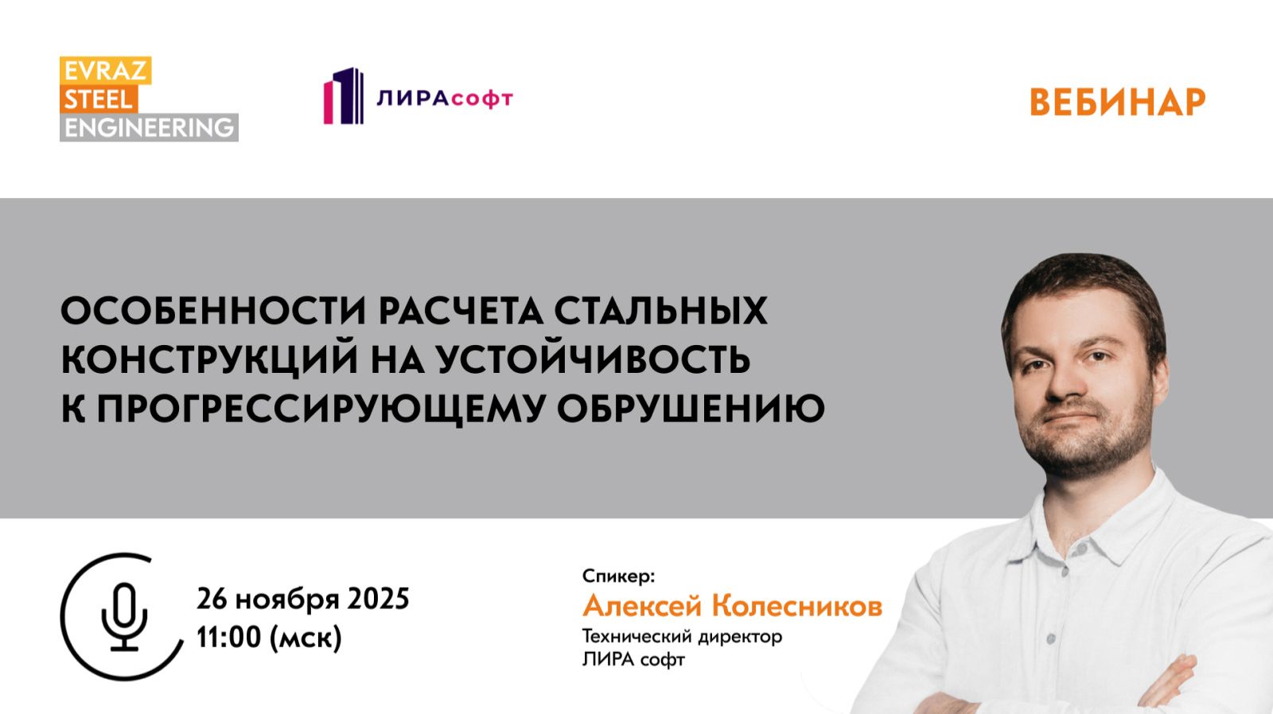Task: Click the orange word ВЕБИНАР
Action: click(1117, 102)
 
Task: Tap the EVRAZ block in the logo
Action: click(105, 71)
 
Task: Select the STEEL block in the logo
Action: click(99, 99)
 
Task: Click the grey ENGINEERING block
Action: click(149, 127)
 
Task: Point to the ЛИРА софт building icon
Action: click(343, 96)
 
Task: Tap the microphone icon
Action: click(124, 617)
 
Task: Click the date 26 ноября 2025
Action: click(303, 598)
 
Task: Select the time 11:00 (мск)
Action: click(269, 637)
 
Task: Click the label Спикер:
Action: click(618, 576)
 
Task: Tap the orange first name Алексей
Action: click(642, 606)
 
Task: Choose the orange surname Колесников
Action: click(796, 606)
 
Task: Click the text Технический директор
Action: click(682, 636)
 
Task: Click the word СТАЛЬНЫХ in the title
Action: click(660, 310)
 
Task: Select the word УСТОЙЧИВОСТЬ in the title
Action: click(593, 359)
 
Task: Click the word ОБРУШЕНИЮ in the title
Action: click(690, 409)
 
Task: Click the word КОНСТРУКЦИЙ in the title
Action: click(209, 359)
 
